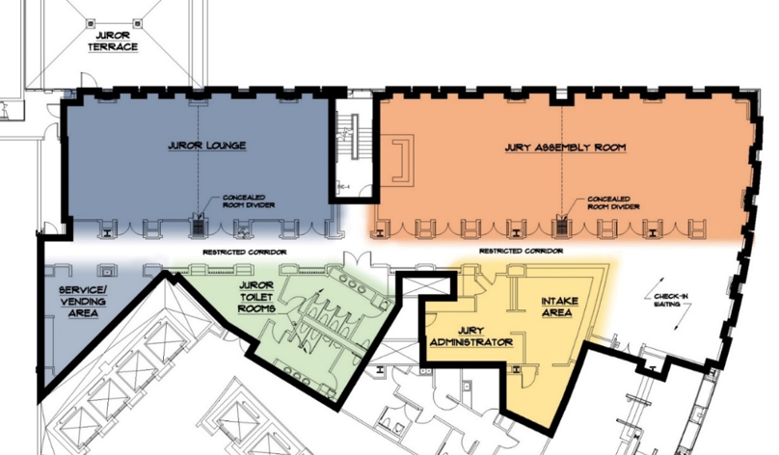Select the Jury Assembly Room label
pos(566,148)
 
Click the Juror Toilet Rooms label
pos(257,299)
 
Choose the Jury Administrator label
pos(470,335)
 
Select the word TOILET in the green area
pos(257,299)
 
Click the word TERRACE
pos(113,46)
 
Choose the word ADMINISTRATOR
pos(470,342)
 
